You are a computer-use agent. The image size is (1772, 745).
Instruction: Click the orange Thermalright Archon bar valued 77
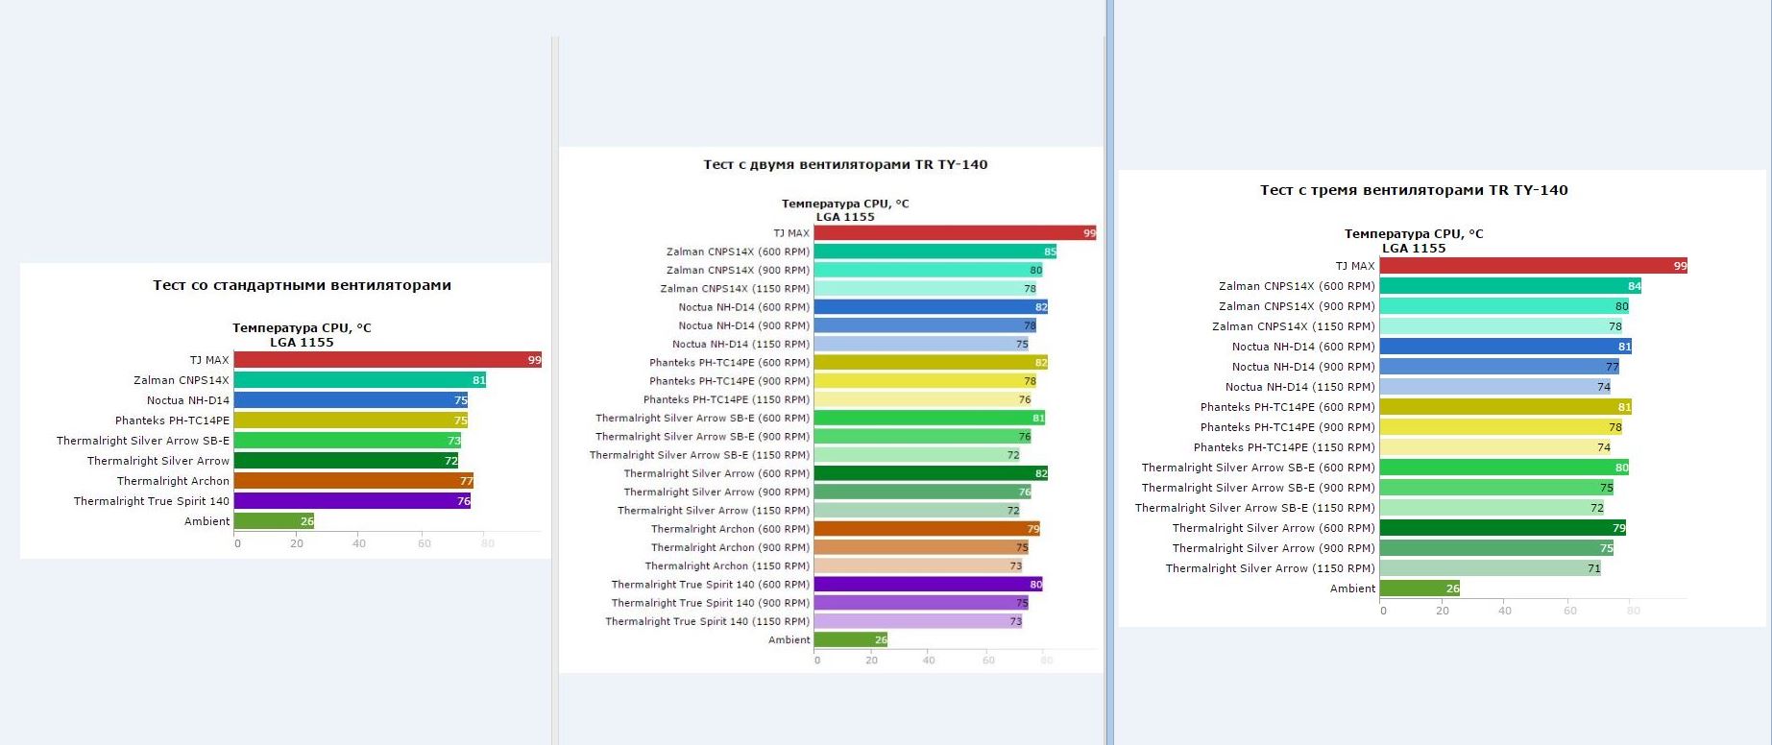click(x=353, y=481)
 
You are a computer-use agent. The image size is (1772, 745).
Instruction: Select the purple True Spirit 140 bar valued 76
click(x=352, y=501)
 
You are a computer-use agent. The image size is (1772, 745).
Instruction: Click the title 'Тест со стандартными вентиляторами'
click(x=302, y=285)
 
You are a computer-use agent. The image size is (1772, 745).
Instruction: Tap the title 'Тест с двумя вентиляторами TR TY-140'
click(x=845, y=164)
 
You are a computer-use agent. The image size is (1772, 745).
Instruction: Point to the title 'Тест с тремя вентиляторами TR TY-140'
click(x=1414, y=190)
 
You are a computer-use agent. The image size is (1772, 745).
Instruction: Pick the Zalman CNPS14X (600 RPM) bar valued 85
click(x=935, y=252)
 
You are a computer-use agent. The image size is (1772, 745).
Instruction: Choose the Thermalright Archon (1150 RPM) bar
click(x=918, y=566)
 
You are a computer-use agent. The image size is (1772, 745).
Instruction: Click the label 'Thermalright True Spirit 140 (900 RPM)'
click(x=710, y=603)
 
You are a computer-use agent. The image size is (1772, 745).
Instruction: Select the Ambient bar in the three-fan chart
click(x=1419, y=589)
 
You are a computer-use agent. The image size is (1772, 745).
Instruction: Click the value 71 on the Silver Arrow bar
click(x=1593, y=568)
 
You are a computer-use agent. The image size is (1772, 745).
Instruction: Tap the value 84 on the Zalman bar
click(x=1634, y=286)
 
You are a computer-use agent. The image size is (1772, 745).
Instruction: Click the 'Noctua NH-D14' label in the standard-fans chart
click(x=188, y=400)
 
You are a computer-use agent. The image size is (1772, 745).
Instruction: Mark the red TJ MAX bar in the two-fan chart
click(x=955, y=233)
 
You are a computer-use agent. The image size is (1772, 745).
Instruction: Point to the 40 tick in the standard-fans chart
click(x=359, y=543)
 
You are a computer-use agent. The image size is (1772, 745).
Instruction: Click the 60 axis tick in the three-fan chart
click(x=1570, y=611)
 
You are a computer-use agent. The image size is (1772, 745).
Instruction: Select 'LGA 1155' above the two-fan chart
click(x=845, y=217)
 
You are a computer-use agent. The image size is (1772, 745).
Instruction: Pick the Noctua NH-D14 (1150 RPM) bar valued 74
click(x=1494, y=387)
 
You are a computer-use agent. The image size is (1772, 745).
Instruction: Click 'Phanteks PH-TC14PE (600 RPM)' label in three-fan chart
click(x=1287, y=407)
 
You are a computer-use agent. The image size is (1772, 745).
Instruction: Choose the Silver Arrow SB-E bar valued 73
click(x=347, y=441)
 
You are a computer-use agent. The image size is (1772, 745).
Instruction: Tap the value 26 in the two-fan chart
click(x=881, y=640)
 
